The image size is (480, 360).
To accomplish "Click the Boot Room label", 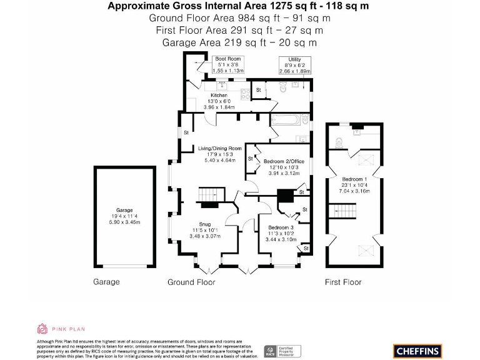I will [228, 59].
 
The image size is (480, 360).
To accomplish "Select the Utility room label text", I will [286, 59].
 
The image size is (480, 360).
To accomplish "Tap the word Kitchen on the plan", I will [219, 95].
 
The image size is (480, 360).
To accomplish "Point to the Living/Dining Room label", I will [220, 148].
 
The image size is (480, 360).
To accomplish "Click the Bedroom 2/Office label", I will [283, 161].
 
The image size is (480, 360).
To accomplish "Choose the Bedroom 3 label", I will [279, 227].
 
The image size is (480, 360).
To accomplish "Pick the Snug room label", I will [205, 224].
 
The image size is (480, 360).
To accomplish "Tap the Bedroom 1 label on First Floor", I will [355, 179].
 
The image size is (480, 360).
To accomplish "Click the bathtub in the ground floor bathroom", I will [288, 119].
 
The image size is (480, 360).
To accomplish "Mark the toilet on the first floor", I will [340, 141].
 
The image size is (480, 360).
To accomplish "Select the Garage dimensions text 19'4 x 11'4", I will [124, 216].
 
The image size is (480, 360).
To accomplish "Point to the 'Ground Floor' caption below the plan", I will [191, 282].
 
